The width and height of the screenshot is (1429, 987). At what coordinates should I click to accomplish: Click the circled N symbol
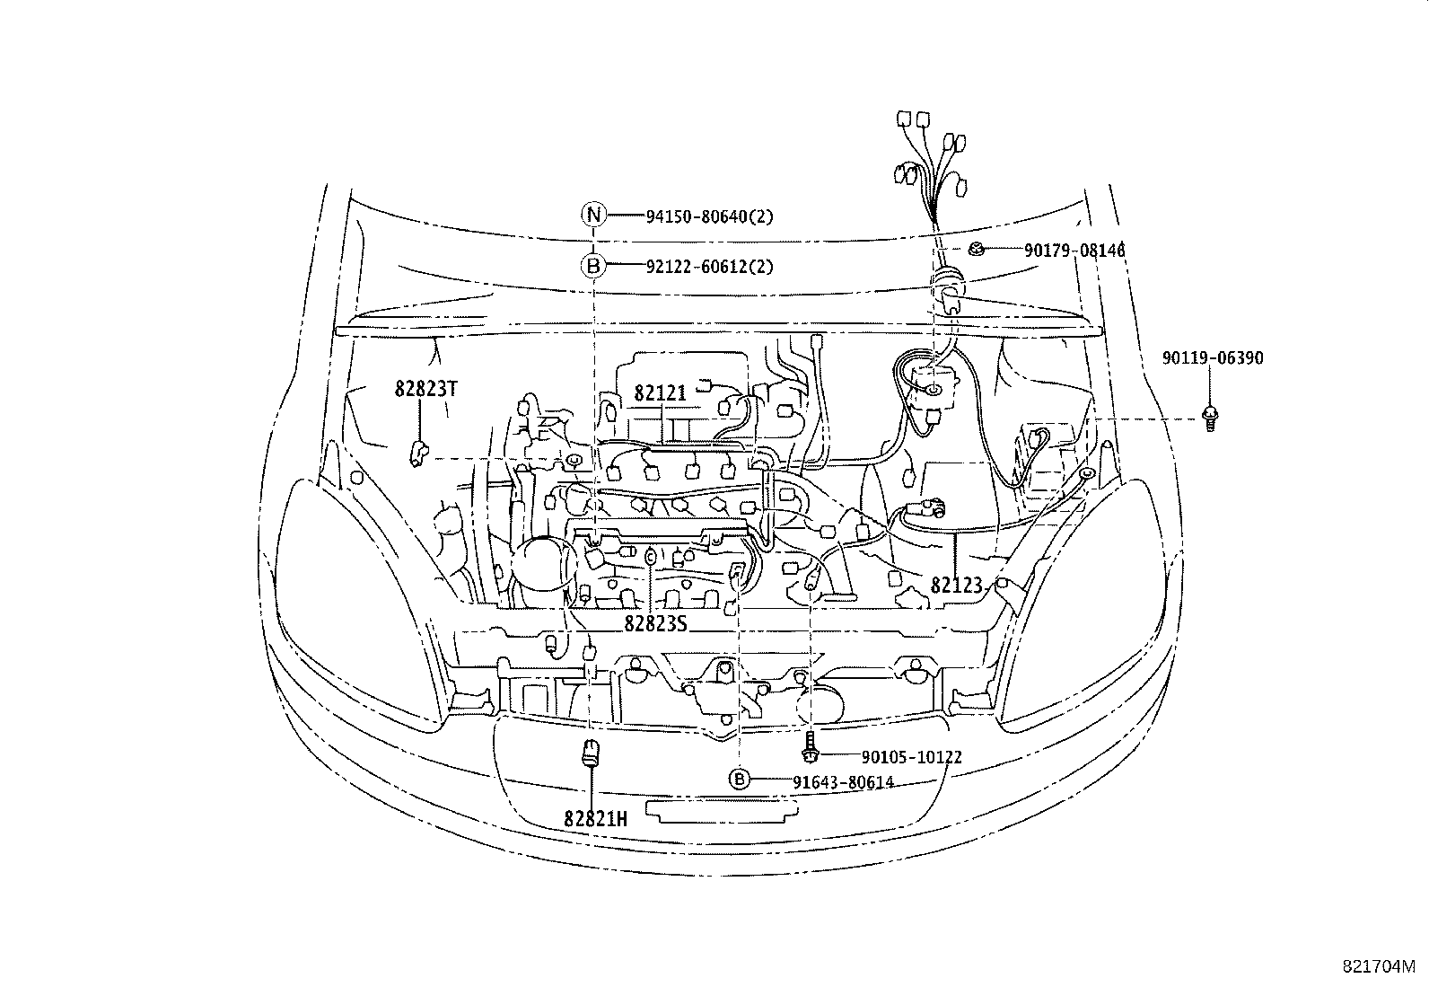pos(592,216)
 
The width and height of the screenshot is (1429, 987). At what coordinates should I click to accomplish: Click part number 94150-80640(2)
pos(709,216)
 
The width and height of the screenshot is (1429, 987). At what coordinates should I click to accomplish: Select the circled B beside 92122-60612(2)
pos(592,267)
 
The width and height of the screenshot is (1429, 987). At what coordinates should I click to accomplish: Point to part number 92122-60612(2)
pos(709,267)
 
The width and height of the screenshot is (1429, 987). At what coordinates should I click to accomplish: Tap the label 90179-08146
pos(1074,251)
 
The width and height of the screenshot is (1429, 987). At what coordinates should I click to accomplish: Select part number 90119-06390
pos(1212,358)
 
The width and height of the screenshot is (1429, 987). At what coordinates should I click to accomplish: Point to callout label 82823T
pos(426,389)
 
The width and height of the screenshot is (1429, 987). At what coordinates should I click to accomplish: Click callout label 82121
pos(660,392)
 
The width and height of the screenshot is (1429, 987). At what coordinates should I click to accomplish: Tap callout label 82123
pos(956,585)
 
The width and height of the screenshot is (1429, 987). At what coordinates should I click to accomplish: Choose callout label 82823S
pos(655,622)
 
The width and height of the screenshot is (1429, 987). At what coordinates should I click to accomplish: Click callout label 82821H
pos(595,818)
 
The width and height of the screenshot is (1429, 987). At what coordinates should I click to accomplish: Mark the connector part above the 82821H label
pos(592,752)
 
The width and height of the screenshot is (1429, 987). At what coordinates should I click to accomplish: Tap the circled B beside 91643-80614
pos(739,779)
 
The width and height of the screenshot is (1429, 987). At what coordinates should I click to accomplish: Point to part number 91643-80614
pos(842,782)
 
